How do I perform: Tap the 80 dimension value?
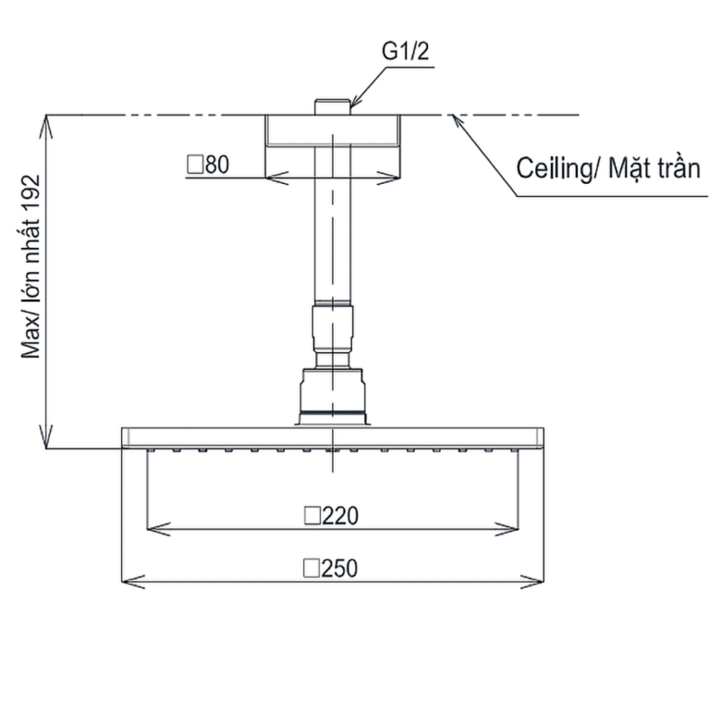pyautogui.click(x=215, y=165)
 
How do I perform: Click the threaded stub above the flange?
pyautogui.click(x=334, y=106)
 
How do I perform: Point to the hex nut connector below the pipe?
pyautogui.click(x=334, y=334)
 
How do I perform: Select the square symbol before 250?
pyautogui.click(x=312, y=568)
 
